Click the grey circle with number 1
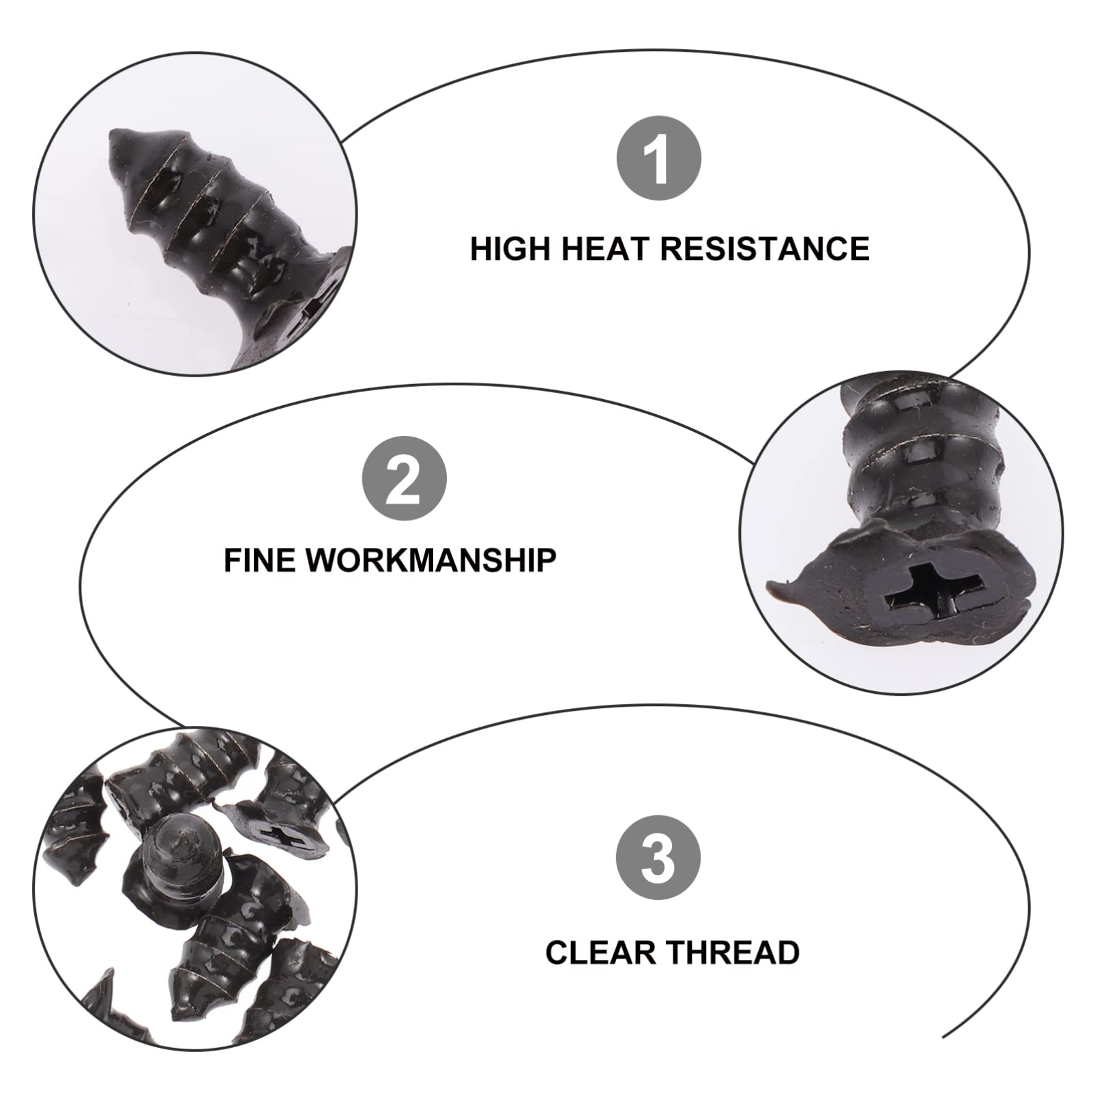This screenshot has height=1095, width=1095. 658,158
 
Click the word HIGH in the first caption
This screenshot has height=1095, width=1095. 510,248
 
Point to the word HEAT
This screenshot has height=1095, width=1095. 605,248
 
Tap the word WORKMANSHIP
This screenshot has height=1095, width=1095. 430,560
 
